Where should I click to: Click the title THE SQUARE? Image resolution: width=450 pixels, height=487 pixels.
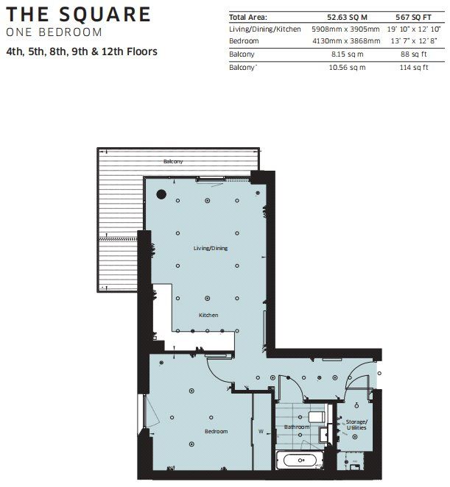click(x=78, y=14)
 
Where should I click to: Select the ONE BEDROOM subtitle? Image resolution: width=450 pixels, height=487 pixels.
click(x=53, y=32)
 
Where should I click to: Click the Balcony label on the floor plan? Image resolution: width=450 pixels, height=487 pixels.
click(x=173, y=161)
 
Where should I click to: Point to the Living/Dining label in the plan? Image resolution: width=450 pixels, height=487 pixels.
click(x=211, y=249)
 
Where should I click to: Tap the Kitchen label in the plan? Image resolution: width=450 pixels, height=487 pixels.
click(x=208, y=315)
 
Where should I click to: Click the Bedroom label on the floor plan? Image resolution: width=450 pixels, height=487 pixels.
click(x=217, y=430)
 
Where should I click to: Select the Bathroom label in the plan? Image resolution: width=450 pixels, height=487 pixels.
click(x=297, y=427)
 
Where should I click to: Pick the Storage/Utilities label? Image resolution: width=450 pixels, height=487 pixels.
click(x=356, y=424)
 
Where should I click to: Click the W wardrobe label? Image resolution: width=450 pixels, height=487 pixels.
click(x=261, y=431)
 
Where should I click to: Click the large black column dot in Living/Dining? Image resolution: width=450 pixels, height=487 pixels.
click(x=161, y=195)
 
